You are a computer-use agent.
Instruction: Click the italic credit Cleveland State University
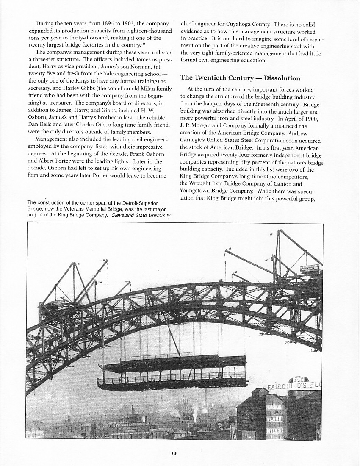[141, 215]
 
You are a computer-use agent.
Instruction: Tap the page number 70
[173, 453]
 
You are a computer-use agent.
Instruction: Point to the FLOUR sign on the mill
[274, 419]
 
